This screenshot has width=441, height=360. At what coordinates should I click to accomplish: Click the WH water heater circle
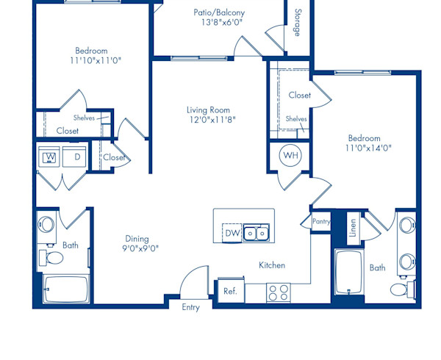[290, 156]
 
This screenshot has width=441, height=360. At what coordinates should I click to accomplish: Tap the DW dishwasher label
[232, 234]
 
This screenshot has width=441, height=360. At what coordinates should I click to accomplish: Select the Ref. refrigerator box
[230, 291]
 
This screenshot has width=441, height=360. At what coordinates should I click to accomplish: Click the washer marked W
[51, 157]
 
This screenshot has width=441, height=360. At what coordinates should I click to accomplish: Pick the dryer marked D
[75, 157]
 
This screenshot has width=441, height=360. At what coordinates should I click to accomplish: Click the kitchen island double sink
[257, 234]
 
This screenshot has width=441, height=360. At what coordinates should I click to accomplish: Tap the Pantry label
[321, 220]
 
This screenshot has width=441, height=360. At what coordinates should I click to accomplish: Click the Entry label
[190, 307]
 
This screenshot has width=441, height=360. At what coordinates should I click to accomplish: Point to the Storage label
[297, 22]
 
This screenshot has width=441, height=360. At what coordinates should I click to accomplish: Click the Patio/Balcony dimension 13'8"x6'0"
[219, 23]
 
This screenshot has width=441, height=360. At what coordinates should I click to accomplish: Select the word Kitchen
[271, 265]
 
